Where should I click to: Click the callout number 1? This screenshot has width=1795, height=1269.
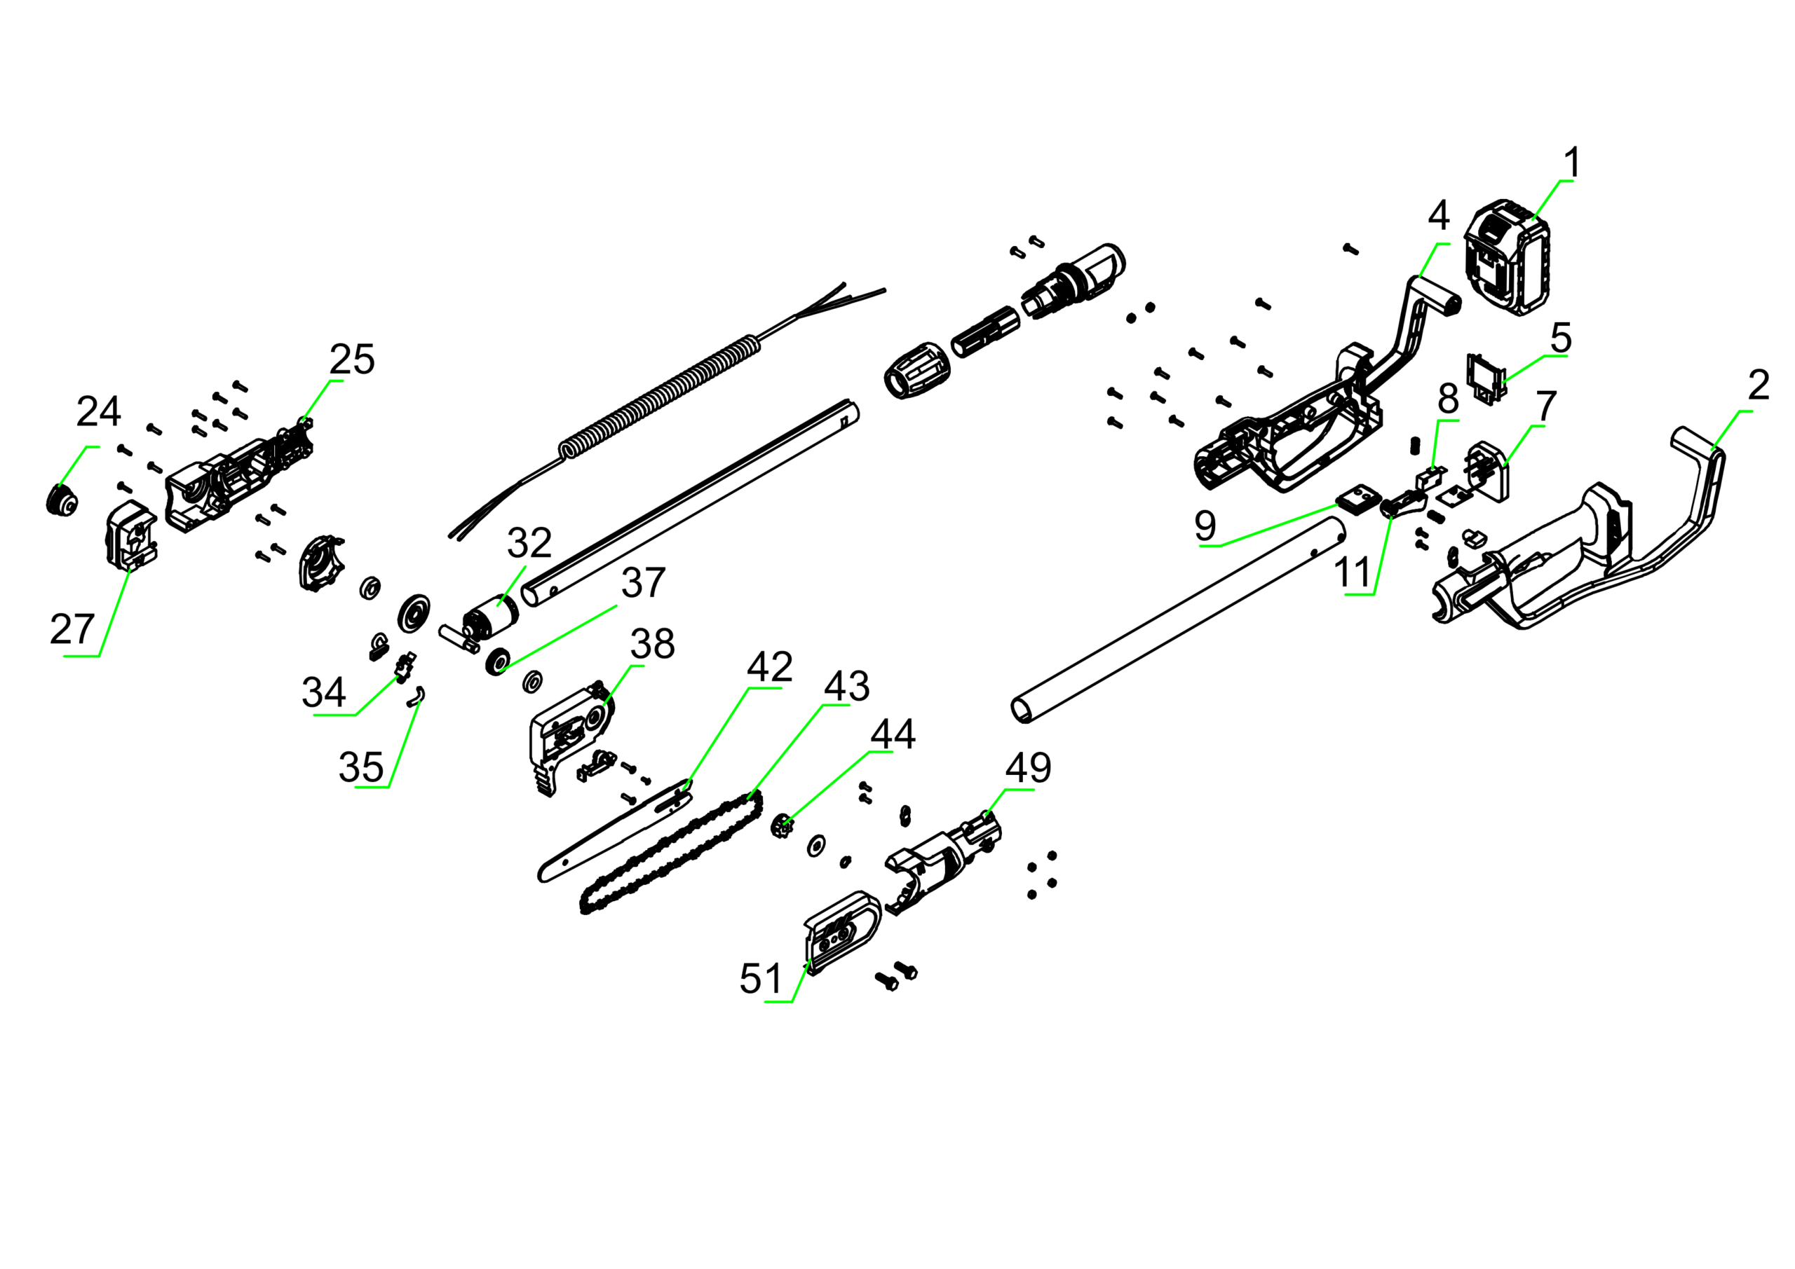click(x=1572, y=163)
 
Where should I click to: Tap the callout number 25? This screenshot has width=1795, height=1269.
click(x=352, y=359)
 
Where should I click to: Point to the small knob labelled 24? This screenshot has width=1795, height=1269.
click(x=61, y=500)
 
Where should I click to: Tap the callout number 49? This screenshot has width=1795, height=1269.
click(x=1028, y=769)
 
